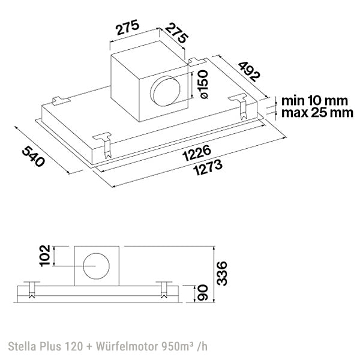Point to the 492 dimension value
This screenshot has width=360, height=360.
247,70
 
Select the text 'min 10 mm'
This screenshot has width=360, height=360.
314,101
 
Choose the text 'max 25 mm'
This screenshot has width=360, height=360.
314,113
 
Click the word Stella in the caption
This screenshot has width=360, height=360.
22,347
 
